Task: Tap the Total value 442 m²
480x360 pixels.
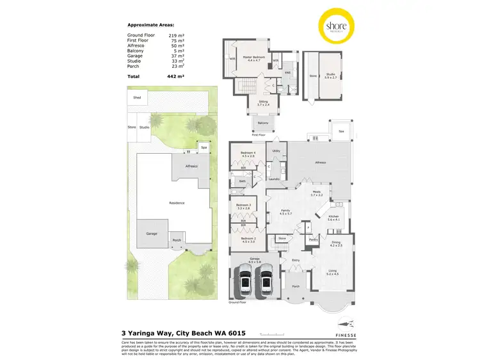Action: point(177,76)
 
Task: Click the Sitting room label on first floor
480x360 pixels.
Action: point(263,101)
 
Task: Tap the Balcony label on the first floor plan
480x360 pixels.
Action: point(263,122)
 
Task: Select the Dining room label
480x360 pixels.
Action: point(336,242)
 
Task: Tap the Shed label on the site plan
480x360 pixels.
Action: point(136,98)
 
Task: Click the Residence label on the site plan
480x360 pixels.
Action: point(177,203)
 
